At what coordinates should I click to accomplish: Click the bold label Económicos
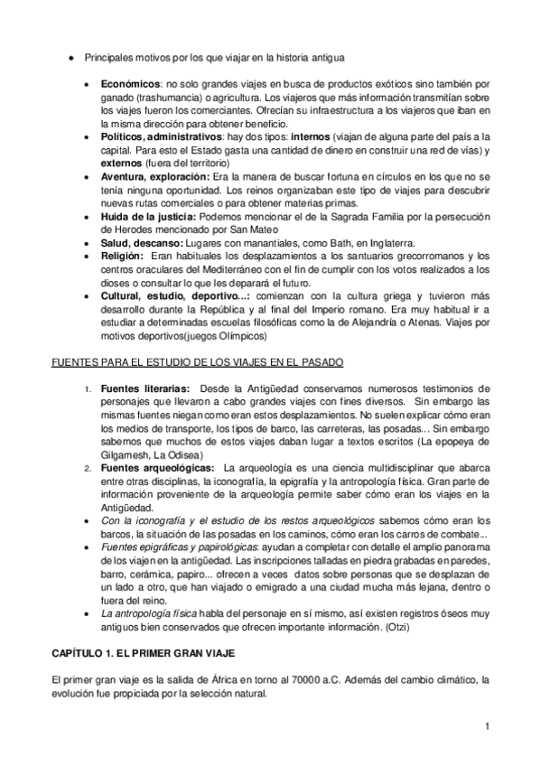126,83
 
